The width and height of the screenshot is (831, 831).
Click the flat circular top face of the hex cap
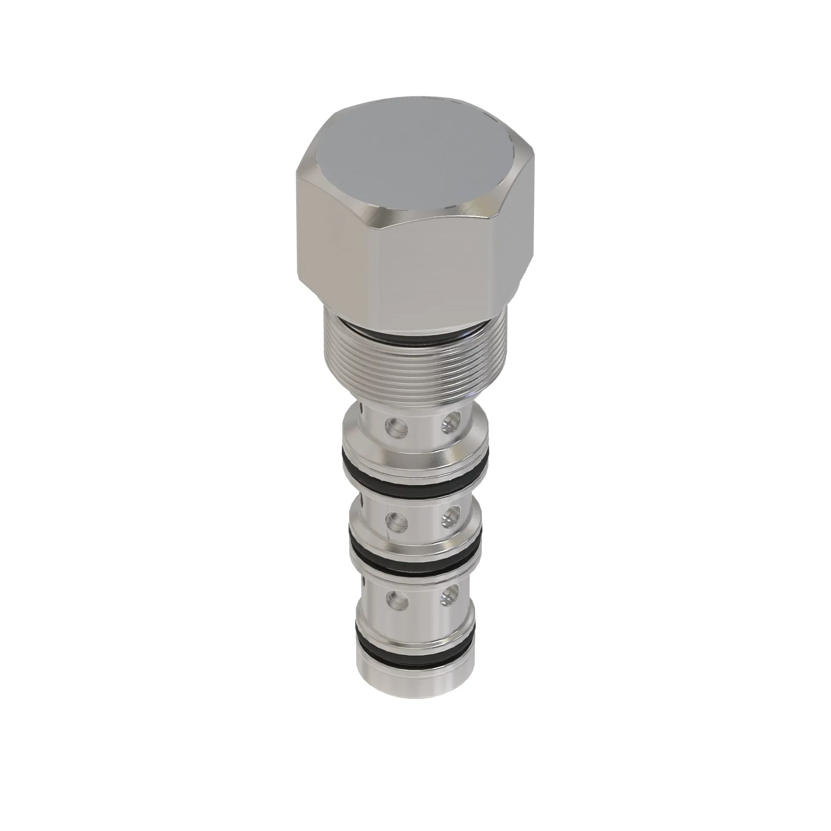click(415, 159)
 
